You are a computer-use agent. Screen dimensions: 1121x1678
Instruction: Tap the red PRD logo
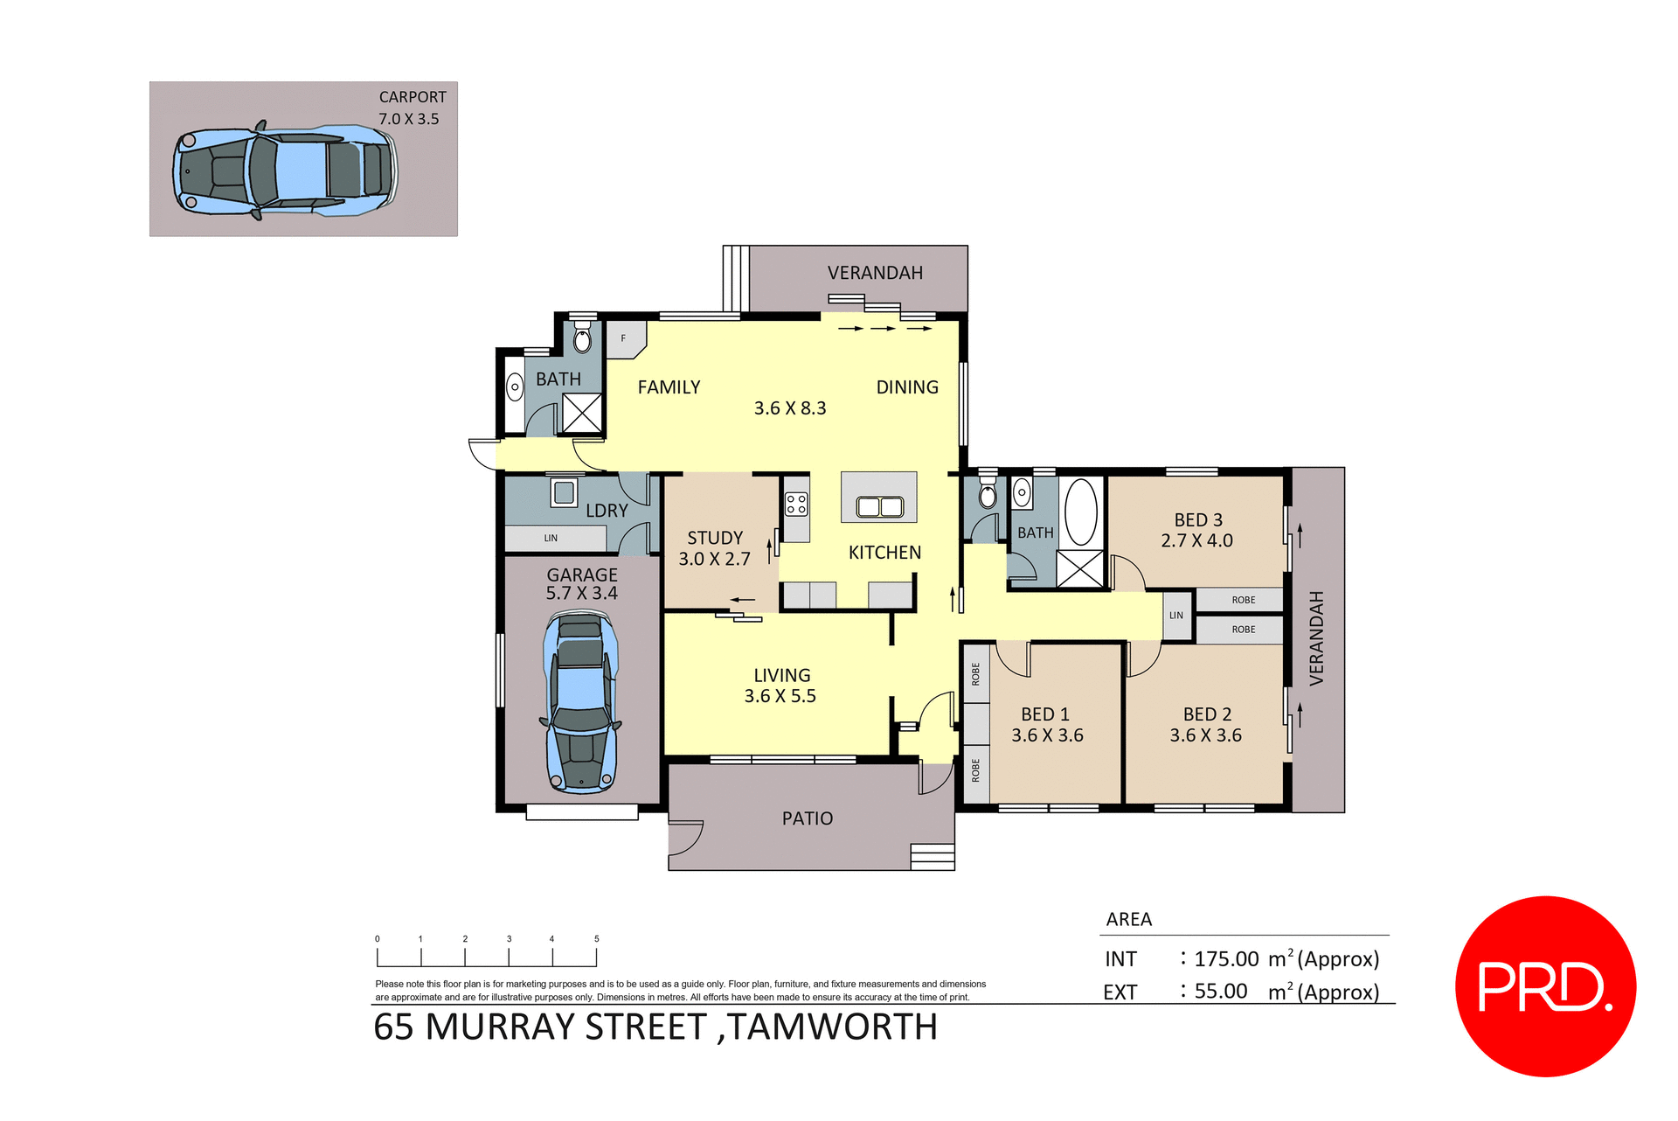coord(1545,986)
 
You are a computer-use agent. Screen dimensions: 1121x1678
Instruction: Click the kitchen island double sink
coord(879,506)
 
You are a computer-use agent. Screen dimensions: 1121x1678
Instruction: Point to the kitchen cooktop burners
coord(796,504)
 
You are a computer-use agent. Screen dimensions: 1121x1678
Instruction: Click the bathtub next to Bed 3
coord(1081,512)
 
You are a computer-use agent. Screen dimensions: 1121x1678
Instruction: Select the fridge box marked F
coord(624,338)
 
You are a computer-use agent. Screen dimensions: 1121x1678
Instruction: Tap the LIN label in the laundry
coord(551,539)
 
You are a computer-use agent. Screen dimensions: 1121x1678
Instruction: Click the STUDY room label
coord(715,538)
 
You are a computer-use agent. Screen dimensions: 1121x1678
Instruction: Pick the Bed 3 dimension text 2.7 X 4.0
coord(1196,541)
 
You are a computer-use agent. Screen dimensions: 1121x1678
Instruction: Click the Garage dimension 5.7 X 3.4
coord(581,593)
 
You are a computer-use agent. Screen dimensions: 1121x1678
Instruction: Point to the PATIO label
coord(807,818)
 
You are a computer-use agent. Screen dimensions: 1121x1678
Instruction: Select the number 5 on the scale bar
coord(597,939)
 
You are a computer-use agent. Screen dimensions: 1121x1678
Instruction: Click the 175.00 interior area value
coord(1226,959)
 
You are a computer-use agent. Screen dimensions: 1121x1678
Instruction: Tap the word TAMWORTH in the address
coord(833,1027)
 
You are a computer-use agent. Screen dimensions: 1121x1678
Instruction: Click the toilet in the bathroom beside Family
coord(582,338)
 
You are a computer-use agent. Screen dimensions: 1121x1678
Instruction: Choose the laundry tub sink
coord(565,492)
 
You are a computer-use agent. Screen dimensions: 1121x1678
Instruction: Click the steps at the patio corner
coord(932,856)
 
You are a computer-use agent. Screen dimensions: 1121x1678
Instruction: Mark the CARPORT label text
coord(413,97)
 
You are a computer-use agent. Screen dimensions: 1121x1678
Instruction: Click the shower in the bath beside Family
coord(582,413)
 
